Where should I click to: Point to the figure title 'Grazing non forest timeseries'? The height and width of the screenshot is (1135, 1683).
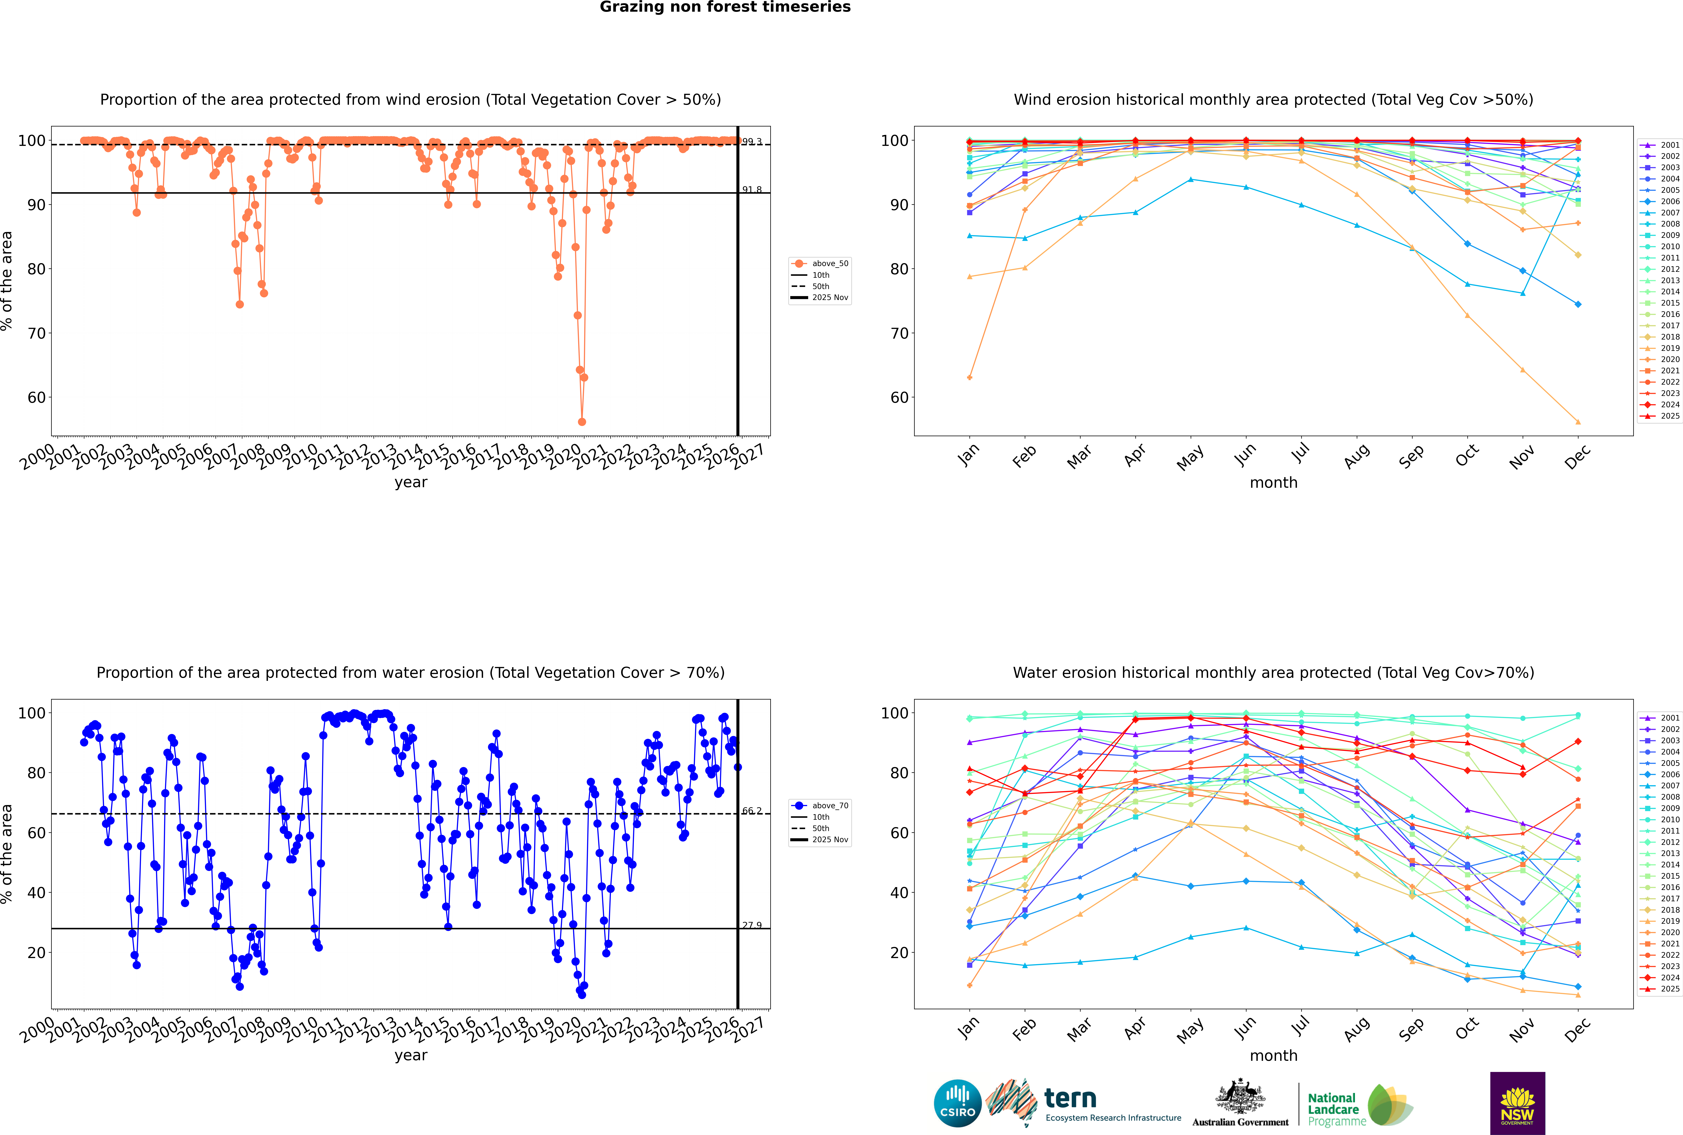point(725,7)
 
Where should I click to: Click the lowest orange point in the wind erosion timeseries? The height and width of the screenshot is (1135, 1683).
point(582,421)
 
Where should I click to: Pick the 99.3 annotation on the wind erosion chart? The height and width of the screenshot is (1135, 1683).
point(752,142)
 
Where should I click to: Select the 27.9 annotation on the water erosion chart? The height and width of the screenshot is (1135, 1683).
point(752,925)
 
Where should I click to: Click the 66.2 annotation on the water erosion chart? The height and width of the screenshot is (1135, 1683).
point(752,811)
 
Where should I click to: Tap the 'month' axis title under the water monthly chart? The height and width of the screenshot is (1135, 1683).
point(1273,1055)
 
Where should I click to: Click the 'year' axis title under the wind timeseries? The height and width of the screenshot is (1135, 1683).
point(410,482)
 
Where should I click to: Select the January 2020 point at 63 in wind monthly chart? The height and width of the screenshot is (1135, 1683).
point(970,377)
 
